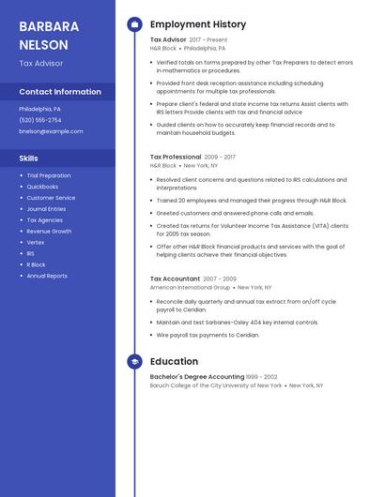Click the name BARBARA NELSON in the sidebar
44,35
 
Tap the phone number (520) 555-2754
40,120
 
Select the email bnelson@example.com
51,131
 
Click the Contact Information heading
60,92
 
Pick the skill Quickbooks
42,187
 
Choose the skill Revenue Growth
49,231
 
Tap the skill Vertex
36,242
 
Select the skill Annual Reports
47,276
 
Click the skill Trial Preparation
49,175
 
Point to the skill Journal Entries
47,209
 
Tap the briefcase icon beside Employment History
134,24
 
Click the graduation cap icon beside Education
134,362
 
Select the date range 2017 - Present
208,40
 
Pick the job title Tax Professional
176,157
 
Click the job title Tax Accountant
175,279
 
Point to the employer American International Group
191,288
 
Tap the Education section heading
174,362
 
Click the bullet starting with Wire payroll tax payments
208,335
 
